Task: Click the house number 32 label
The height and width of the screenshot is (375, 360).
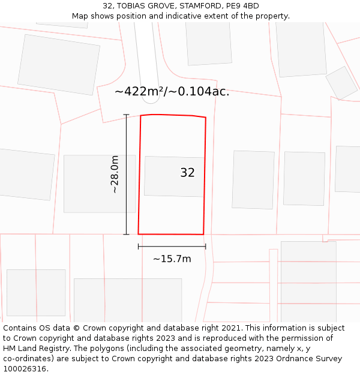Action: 187,173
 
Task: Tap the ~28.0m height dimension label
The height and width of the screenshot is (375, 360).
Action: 115,174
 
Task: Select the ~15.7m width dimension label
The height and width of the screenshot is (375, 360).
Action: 172,259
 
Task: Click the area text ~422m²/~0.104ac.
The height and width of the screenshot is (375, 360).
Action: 172,92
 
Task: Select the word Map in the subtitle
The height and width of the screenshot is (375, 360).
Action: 80,16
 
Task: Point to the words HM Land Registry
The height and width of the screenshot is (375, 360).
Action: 35,349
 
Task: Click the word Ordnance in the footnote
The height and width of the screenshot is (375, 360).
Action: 289,359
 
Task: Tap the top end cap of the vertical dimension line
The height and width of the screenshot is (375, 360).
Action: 126,115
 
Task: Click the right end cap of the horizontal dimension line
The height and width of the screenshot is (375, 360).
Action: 206,246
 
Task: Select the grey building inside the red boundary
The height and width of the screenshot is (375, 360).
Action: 174,176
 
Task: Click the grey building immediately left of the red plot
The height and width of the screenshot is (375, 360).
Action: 99,184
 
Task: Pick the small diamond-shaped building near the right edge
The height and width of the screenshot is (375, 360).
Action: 341,83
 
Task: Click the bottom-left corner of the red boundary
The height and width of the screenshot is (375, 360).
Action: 139,234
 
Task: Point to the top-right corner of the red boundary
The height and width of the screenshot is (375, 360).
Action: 206,118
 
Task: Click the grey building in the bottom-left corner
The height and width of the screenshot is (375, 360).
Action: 36,293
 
